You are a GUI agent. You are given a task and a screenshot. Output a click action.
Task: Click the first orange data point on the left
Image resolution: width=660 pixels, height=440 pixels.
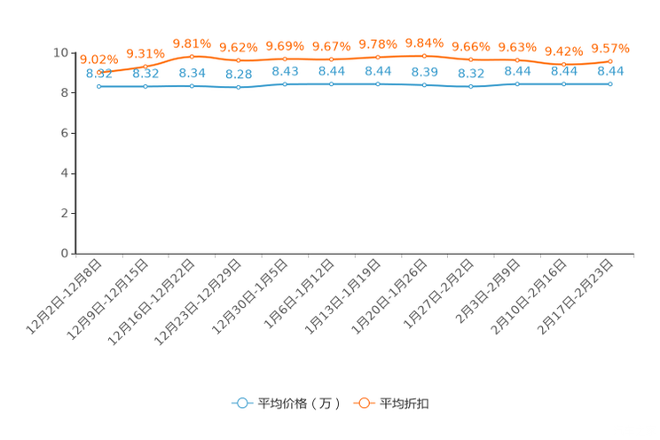(x=99, y=73)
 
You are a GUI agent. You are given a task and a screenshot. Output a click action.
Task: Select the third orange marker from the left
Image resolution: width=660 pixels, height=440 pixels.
(x=192, y=56)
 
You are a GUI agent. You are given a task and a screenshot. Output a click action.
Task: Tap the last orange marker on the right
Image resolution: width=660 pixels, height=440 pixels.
(x=610, y=61)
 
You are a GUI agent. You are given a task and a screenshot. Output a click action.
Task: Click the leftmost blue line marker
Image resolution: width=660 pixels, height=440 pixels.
(x=99, y=86)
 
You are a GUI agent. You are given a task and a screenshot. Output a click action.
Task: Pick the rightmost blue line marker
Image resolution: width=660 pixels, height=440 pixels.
(x=610, y=84)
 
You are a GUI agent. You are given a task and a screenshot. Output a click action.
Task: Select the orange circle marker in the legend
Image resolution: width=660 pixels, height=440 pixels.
(x=364, y=403)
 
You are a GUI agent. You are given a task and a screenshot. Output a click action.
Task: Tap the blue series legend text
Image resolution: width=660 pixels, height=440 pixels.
(x=299, y=404)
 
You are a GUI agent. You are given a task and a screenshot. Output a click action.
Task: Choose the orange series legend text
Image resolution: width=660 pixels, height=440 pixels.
(x=405, y=404)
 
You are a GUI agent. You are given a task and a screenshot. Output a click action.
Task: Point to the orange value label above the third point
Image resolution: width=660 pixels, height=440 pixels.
(x=192, y=43)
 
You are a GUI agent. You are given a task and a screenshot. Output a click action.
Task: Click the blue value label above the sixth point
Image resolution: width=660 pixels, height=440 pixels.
(x=332, y=71)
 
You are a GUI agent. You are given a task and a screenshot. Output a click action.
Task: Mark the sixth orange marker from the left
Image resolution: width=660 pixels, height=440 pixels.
(x=332, y=59)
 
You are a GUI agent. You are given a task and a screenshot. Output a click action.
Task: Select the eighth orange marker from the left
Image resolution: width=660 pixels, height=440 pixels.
(x=425, y=56)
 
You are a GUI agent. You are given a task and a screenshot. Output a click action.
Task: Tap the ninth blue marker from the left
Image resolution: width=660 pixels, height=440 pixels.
(x=471, y=87)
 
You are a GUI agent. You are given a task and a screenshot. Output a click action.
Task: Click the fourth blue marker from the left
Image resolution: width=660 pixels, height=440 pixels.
(x=239, y=87)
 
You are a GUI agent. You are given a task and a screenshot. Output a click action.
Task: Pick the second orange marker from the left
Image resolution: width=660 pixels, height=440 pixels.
(x=145, y=66)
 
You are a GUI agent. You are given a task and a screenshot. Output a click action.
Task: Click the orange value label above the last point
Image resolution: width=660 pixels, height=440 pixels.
(x=610, y=48)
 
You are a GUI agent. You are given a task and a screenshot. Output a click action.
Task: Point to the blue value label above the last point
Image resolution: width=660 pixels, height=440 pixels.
(x=610, y=71)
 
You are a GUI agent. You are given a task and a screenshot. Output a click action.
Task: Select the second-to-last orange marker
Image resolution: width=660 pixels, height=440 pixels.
(x=564, y=64)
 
